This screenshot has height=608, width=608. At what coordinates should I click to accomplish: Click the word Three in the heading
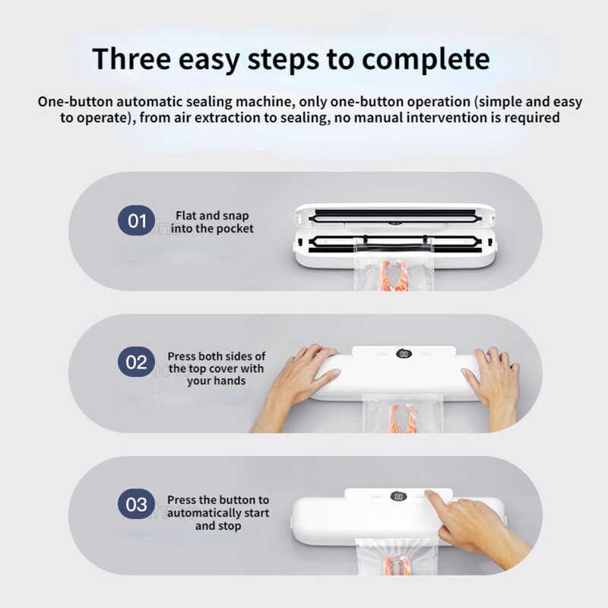click(x=131, y=59)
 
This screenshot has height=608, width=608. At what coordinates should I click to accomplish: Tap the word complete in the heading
click(x=426, y=60)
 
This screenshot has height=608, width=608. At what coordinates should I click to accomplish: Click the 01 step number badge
click(x=137, y=220)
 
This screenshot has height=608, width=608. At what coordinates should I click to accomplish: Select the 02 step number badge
click(x=137, y=363)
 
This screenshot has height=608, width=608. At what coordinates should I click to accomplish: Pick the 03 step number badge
click(x=137, y=504)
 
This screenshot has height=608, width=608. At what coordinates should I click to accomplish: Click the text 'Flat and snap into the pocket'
click(x=212, y=222)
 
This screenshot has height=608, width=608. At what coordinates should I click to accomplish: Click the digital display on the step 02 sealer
click(x=404, y=353)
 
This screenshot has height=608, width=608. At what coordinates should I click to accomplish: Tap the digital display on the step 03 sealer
click(x=398, y=497)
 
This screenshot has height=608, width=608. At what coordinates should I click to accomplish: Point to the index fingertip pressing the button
click(x=429, y=494)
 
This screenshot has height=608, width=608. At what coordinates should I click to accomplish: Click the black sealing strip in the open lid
click(x=394, y=214)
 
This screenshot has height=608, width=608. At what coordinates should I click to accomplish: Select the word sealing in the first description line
click(x=210, y=102)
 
